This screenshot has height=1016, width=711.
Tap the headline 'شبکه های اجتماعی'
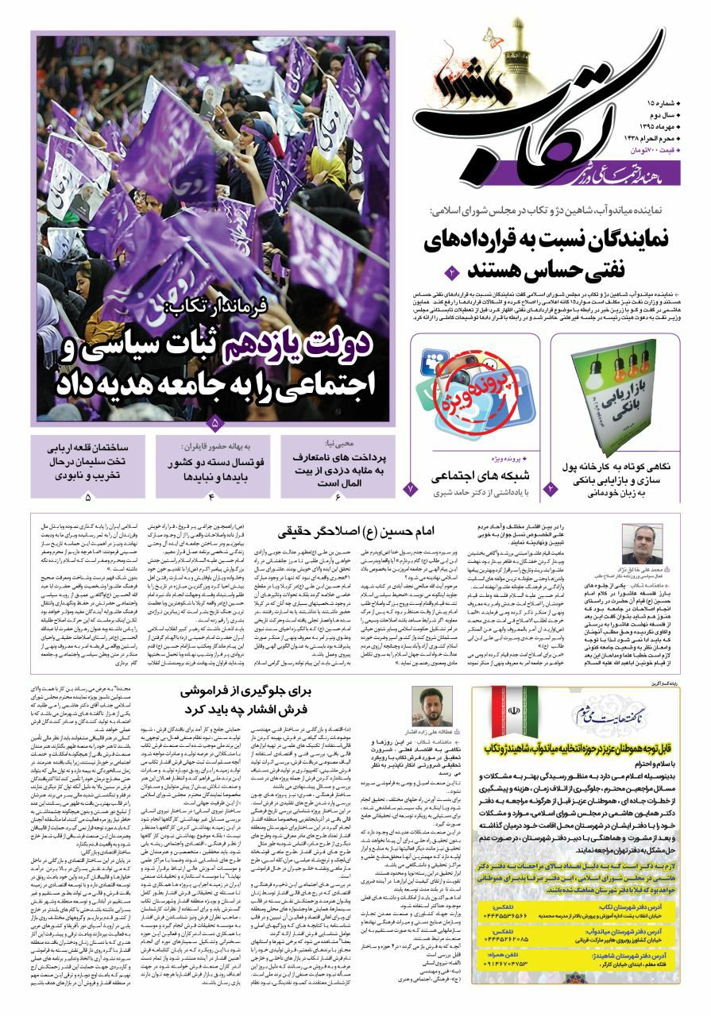click(x=469, y=477)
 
